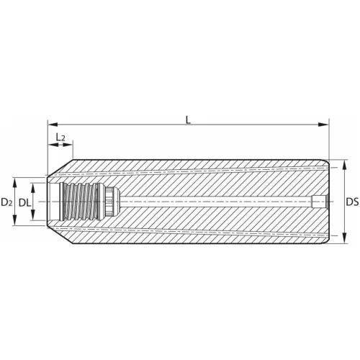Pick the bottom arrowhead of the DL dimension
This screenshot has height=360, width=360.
pyautogui.click(x=37, y=221)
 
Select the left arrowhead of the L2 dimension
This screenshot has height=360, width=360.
pyautogui.click(x=50, y=145)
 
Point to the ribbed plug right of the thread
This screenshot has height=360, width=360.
pyautogui.click(x=108, y=202)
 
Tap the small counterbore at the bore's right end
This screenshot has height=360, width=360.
pyautogui.click(x=319, y=203)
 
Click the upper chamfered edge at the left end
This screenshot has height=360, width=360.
pyautogui.click(x=58, y=168)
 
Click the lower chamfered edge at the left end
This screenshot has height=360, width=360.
pyautogui.click(x=58, y=238)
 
